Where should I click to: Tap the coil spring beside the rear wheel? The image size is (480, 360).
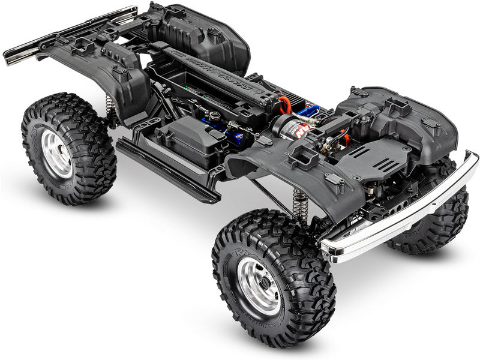coord(110,108)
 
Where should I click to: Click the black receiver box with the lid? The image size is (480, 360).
coord(183,139)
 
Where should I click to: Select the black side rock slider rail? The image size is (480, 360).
coord(168,171)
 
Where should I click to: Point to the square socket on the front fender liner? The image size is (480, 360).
coord(304,157)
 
